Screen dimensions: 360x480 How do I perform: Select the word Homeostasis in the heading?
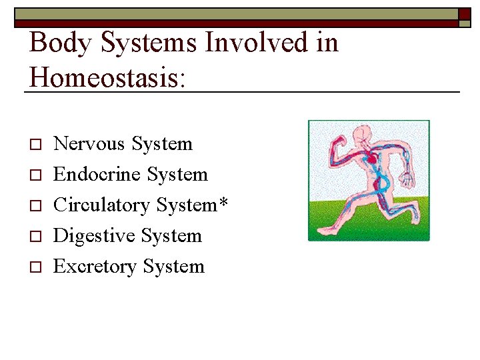pyautogui.click(x=106, y=77)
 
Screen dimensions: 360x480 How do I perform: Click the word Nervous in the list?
pyautogui.click(x=89, y=144)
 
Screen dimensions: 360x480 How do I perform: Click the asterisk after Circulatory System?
pyautogui.click(x=223, y=202)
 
